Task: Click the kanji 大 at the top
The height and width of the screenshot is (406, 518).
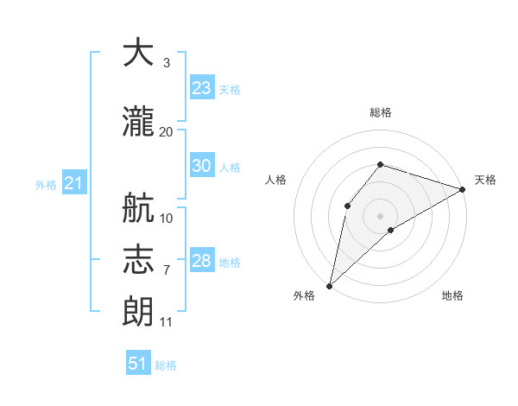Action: coord(138,52)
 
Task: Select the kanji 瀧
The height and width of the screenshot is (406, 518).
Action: coord(138,121)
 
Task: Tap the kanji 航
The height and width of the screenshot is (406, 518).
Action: coord(138,207)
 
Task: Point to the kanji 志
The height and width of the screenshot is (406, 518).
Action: coord(138,259)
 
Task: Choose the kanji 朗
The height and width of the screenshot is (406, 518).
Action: coord(138,311)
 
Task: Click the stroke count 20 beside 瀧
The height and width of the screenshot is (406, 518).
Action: coord(166,132)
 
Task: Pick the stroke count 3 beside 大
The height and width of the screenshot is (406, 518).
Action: coord(167,63)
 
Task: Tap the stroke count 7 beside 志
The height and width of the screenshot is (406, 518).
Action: coord(167,270)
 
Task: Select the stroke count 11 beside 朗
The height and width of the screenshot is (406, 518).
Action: coord(166,322)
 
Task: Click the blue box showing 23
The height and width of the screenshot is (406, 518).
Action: coord(202,87)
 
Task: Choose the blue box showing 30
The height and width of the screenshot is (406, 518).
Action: coord(202,165)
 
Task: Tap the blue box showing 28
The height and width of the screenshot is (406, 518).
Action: coord(202,259)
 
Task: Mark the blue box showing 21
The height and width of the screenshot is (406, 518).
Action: coord(74,182)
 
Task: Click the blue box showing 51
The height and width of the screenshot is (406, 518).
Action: coord(138,362)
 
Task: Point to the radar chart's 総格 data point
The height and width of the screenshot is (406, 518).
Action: coord(380,165)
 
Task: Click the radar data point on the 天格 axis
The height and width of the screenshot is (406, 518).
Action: coord(463,189)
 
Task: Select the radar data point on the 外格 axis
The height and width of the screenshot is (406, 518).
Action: coord(330,286)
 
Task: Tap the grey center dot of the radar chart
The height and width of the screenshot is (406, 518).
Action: coord(380,216)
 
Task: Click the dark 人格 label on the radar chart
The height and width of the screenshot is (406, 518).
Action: coord(275,180)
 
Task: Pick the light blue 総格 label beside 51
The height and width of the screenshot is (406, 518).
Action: coord(166,365)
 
